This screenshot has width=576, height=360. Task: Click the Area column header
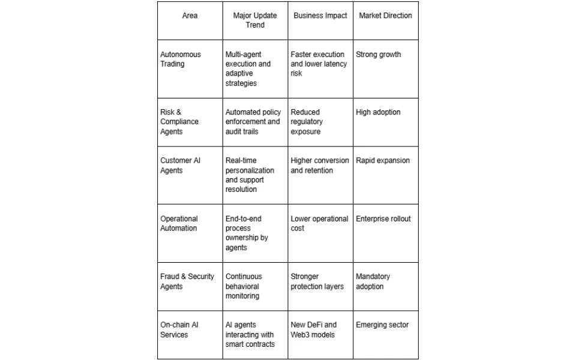point(190,16)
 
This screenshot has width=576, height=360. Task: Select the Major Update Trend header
point(254,20)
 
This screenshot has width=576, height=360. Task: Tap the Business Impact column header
point(320,16)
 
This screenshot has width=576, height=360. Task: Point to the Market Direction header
point(385,16)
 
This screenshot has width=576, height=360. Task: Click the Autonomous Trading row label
point(181,59)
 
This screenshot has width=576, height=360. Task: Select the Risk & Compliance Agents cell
point(179,121)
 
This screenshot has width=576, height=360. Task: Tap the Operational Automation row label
point(179,223)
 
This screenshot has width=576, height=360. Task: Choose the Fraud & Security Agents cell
point(187,281)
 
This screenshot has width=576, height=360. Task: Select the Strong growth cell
point(378,55)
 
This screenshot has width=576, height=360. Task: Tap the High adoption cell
point(378,112)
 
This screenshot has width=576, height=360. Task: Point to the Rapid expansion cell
point(383,160)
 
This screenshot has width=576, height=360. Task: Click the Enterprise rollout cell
point(383,218)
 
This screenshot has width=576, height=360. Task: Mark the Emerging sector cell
point(382,325)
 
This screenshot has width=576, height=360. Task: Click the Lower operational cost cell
point(319,223)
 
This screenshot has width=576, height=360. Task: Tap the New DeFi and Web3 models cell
point(314,329)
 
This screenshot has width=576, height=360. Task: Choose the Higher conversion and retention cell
point(319,165)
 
